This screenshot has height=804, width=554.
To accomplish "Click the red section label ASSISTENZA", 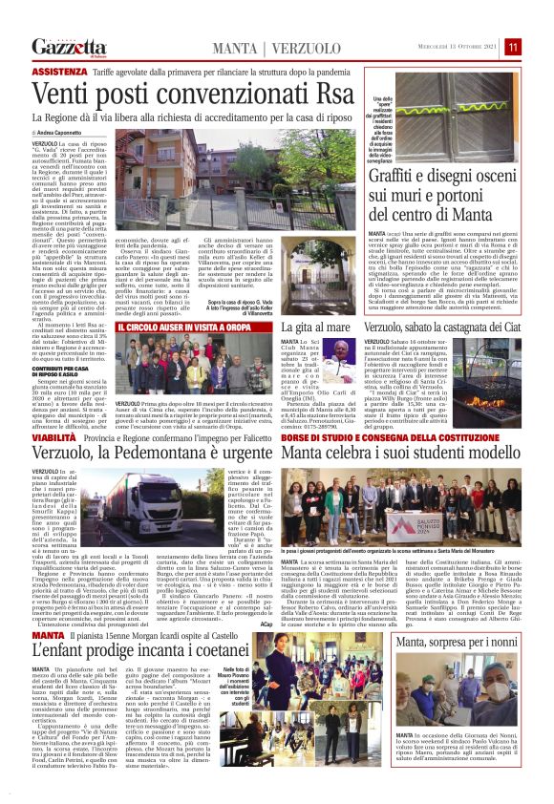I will coord(58,72).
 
